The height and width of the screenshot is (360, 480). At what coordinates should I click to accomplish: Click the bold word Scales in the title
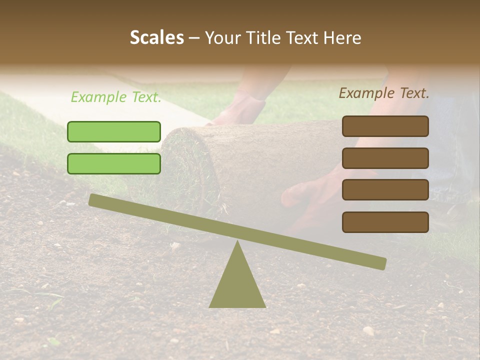(156, 38)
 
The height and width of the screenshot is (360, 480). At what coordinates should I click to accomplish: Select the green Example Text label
(116, 97)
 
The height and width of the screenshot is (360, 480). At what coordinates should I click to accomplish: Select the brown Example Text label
(384, 93)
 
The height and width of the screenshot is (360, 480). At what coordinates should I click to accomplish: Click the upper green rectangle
(114, 131)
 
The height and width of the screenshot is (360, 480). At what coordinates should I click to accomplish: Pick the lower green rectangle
(114, 163)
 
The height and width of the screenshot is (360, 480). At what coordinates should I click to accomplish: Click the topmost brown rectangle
(385, 126)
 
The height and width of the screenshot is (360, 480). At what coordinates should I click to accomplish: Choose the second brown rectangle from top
(385, 158)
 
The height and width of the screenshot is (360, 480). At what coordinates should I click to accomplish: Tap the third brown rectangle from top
(385, 190)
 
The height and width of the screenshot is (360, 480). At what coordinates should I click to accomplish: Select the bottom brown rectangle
(385, 222)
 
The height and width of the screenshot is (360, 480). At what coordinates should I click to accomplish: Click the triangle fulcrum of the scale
(237, 285)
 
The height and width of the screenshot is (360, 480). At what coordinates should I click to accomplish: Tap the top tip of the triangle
(237, 242)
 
